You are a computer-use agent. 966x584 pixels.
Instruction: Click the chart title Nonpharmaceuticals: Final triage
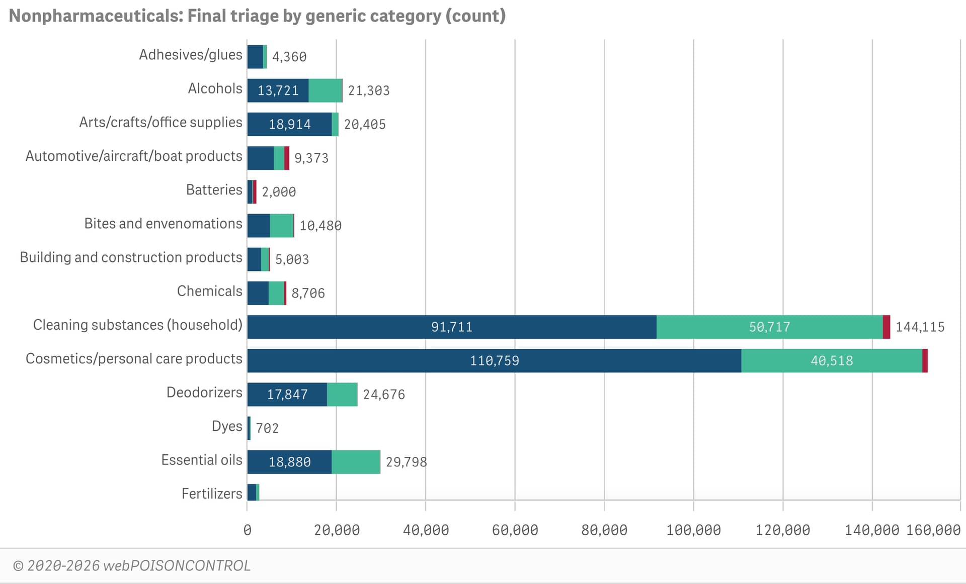[257, 16]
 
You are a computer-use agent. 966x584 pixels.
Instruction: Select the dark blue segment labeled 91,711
[451, 327]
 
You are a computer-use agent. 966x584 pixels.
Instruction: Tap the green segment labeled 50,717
[769, 327]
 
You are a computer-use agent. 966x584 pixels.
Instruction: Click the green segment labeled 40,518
[831, 360]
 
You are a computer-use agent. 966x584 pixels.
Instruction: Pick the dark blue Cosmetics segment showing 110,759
[494, 360]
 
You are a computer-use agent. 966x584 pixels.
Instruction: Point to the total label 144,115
[920, 327]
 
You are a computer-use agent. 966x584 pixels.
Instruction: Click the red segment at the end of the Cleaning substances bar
[887, 327]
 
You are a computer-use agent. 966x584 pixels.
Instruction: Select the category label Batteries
[214, 190]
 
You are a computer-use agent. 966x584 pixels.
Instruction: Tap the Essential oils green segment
[356, 462]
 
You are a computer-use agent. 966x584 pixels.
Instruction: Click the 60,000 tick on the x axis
[515, 530]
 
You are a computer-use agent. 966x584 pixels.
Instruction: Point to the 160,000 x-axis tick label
[933, 530]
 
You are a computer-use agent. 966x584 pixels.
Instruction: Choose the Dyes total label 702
[267, 428]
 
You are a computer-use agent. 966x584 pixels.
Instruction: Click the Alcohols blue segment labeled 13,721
[278, 90]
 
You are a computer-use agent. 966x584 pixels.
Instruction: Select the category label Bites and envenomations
[163, 224]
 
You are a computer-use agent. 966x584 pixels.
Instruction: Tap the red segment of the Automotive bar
[287, 158]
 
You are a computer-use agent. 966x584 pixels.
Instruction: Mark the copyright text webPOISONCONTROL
[132, 566]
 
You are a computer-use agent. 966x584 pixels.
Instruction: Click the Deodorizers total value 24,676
[384, 395]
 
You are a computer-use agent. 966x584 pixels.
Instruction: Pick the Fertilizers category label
[212, 494]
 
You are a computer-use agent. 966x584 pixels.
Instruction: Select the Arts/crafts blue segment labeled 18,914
[289, 124]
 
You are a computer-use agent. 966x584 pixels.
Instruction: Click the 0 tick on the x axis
[247, 530]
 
